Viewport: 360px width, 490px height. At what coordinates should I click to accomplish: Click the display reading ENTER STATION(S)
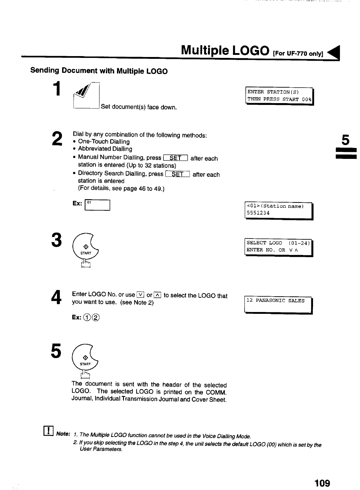click(x=279, y=96)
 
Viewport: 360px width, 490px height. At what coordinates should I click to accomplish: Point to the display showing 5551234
click(x=278, y=210)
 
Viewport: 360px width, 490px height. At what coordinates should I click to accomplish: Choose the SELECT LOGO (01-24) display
click(x=278, y=247)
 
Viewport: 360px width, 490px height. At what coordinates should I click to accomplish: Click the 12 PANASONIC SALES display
click(x=278, y=304)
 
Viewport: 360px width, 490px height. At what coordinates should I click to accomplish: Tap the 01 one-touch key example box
click(x=97, y=205)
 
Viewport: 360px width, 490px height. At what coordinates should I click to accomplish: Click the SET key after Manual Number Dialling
click(x=175, y=158)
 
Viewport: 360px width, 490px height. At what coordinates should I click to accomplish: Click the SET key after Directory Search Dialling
click(x=178, y=174)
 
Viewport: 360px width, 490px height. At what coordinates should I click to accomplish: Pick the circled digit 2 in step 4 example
click(x=96, y=317)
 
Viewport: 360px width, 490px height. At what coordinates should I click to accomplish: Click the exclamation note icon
click(x=48, y=431)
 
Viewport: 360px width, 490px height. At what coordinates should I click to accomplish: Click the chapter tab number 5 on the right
click(x=345, y=140)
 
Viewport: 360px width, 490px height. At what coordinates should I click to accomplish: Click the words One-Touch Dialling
click(x=104, y=142)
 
